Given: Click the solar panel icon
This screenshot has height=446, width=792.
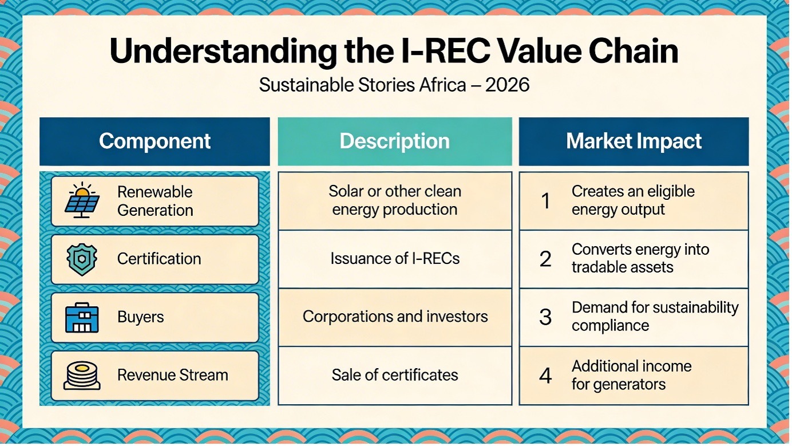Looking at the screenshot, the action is [82, 200].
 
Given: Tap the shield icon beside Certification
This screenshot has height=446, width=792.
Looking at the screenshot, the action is [82, 259].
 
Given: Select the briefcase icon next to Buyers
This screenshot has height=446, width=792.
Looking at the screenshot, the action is [82, 317].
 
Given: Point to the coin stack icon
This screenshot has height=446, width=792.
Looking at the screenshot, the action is [82, 376].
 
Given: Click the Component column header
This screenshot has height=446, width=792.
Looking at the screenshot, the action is [155, 141].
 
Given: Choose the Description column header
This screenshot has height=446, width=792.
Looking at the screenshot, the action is [395, 141].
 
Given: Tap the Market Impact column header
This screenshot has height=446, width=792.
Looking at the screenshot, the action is [633, 141].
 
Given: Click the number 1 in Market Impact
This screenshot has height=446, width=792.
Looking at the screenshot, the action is [545, 201].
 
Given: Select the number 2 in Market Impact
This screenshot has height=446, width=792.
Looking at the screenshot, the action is [545, 259].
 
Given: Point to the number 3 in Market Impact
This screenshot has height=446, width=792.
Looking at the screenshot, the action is [545, 317].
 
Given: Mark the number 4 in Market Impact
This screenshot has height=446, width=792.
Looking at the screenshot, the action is [545, 375].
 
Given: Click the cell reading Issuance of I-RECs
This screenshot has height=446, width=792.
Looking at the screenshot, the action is [395, 259].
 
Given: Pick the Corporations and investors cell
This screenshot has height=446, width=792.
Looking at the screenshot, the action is [395, 317].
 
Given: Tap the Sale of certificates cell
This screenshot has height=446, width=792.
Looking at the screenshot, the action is [395, 376].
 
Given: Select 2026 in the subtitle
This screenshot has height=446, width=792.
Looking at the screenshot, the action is [507, 85].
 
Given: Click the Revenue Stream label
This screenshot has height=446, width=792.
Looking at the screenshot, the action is [173, 375].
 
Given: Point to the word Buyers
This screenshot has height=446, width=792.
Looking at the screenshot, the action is [140, 317].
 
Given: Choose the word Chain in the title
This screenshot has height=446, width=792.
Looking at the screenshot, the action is [633, 52].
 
